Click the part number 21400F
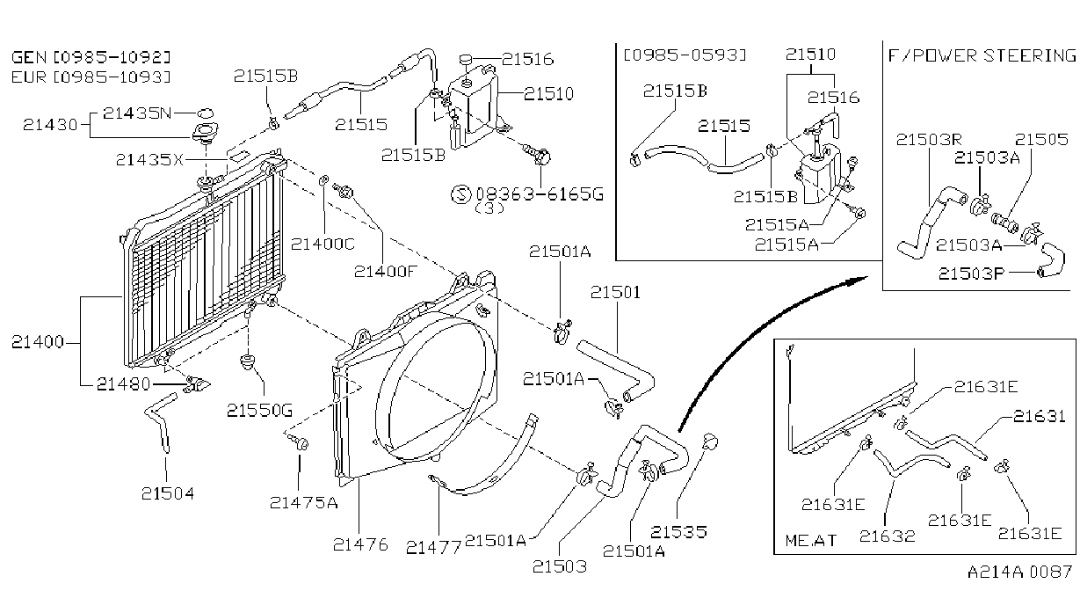click(x=384, y=272)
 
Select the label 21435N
click(x=137, y=113)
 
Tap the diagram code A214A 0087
click(x=1019, y=573)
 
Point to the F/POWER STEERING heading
click(x=982, y=56)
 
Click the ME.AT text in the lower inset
click(x=810, y=540)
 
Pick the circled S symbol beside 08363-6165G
click(x=460, y=194)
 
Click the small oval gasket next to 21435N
click(x=205, y=113)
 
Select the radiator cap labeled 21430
click(x=205, y=132)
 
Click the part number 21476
click(x=360, y=544)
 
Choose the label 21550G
click(x=259, y=411)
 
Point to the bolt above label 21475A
click(x=299, y=441)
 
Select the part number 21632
click(x=888, y=536)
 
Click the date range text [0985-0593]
click(x=685, y=55)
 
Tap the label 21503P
click(x=972, y=274)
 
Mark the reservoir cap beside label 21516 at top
click(x=466, y=59)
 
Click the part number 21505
click(x=1042, y=140)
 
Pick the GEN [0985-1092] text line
click(x=91, y=57)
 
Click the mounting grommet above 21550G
click(x=248, y=361)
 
